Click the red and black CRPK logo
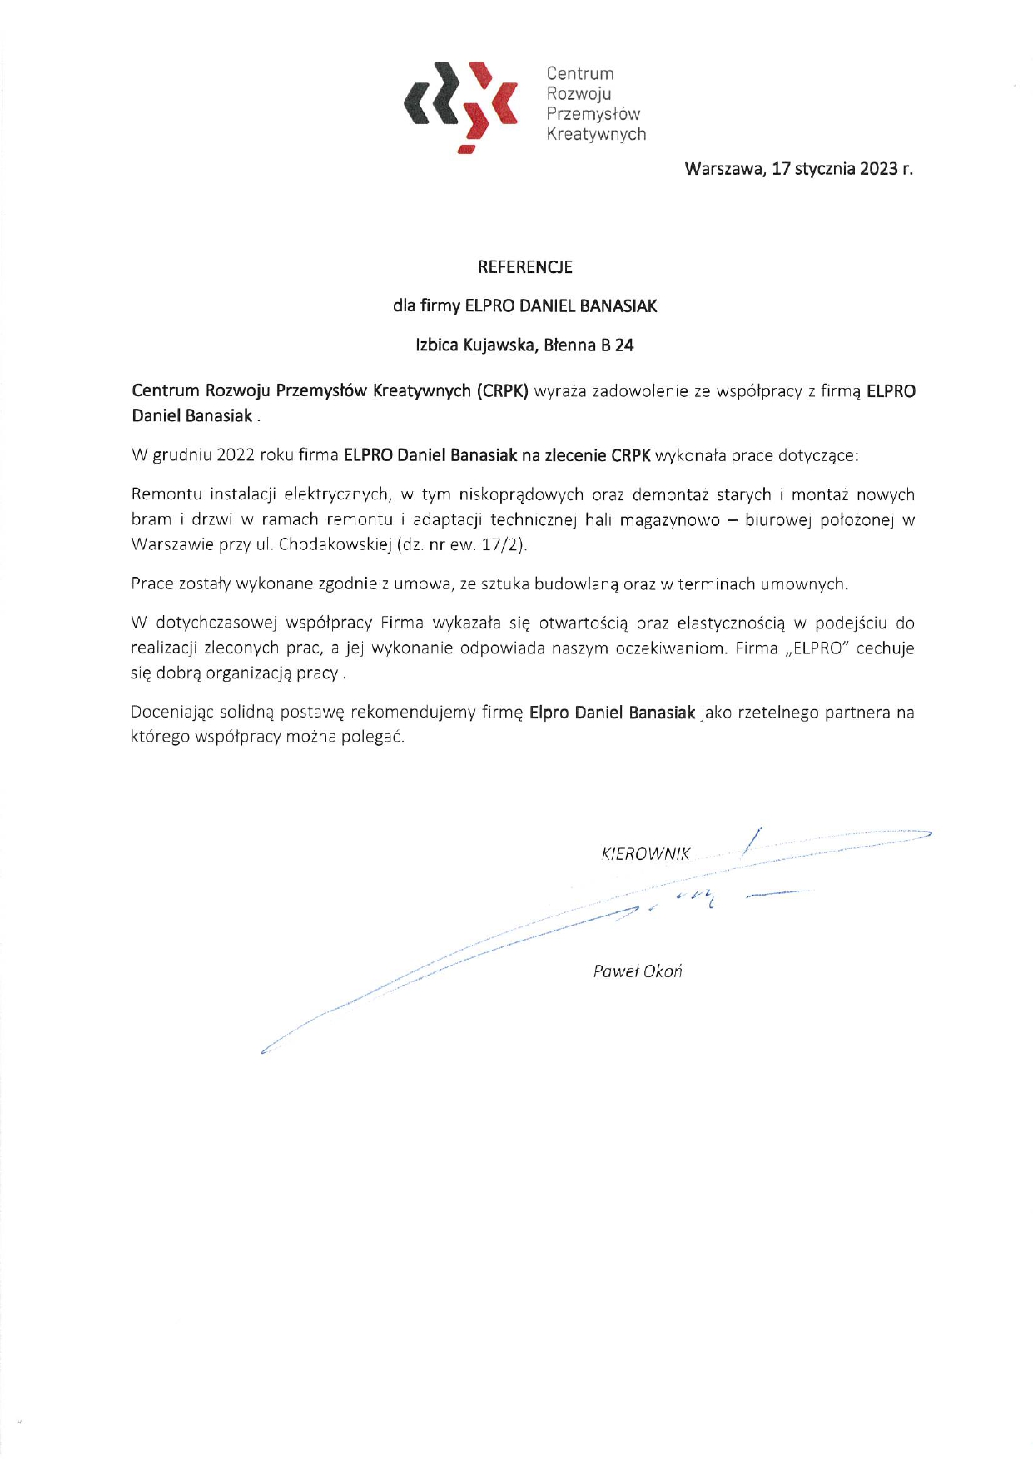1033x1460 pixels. pyautogui.click(x=461, y=105)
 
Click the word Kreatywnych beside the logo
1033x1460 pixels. pyautogui.click(x=596, y=134)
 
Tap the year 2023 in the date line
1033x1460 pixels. pyautogui.click(x=878, y=169)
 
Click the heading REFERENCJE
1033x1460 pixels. pyautogui.click(x=524, y=267)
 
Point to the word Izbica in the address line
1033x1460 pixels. pyautogui.click(x=437, y=345)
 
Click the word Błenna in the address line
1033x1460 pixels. pyautogui.click(x=569, y=345)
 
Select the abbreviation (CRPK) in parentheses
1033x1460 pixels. pyautogui.click(x=502, y=391)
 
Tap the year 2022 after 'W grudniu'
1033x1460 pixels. pyautogui.click(x=235, y=455)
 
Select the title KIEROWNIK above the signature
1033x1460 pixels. pyautogui.click(x=645, y=854)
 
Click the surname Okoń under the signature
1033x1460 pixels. pyautogui.click(x=662, y=971)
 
